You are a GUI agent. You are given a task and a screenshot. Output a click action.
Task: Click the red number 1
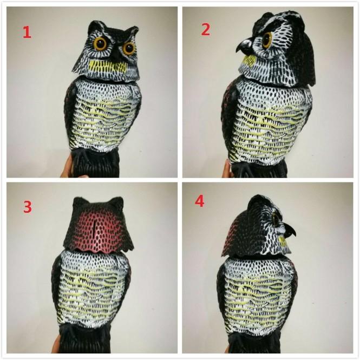click(27, 32)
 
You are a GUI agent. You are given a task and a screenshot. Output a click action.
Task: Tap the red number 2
click(206, 30)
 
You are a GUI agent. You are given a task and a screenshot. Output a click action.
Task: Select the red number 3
click(28, 207)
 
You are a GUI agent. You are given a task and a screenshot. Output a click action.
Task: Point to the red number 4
click(200, 201)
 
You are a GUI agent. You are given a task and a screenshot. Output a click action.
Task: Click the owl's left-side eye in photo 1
click(100, 43)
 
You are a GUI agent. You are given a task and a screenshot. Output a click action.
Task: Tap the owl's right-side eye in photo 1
click(129, 48)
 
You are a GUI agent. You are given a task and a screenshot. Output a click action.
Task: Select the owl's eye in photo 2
click(267, 40)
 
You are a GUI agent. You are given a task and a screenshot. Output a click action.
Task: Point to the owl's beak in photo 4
click(289, 231)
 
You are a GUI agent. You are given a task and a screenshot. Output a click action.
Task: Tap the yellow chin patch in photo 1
click(108, 67)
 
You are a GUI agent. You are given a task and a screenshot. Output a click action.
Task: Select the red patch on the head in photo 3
click(99, 230)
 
